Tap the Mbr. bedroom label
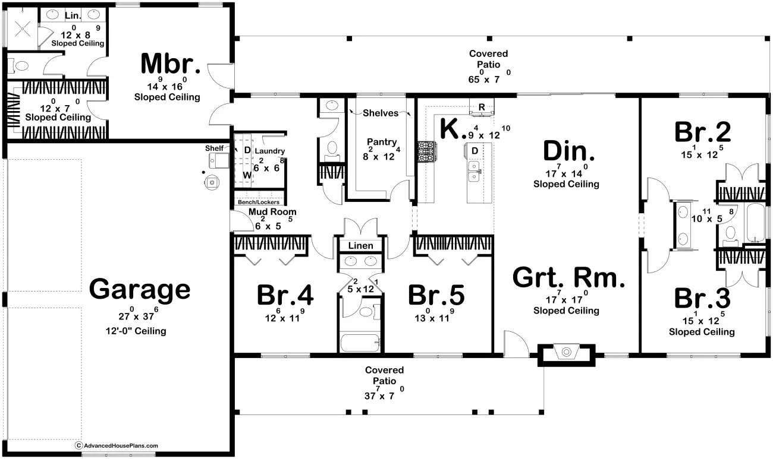(171, 64)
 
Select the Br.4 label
(285, 295)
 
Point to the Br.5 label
(436, 295)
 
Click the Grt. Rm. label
(568, 278)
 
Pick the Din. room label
(568, 151)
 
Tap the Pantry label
(382, 142)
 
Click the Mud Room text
(272, 211)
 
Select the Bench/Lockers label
(259, 202)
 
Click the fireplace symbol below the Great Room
(566, 352)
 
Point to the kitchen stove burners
(427, 151)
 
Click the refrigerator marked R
(482, 107)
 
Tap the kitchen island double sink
(474, 171)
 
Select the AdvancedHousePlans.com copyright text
(117, 445)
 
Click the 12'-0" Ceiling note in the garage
(136, 331)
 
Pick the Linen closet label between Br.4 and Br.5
(360, 246)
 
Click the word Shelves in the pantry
(381, 113)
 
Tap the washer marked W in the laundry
(246, 175)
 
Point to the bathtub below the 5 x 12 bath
(360, 342)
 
